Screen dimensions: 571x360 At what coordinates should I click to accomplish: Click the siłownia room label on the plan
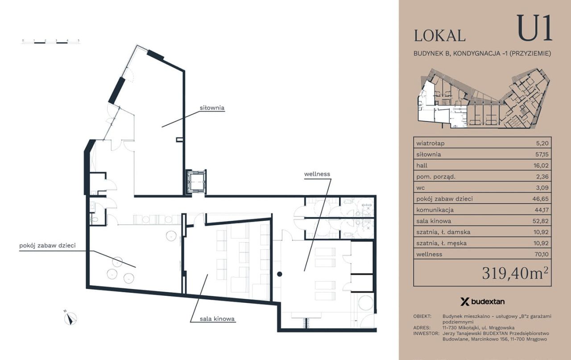212,108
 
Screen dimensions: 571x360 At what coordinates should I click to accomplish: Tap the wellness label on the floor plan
317,174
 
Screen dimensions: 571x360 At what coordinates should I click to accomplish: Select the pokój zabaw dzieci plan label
47,246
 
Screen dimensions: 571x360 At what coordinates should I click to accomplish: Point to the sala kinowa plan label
217,319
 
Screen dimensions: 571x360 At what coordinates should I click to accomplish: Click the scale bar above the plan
51,41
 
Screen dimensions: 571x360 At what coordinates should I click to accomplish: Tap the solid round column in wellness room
279,274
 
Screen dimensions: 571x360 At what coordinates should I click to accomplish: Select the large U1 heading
534,28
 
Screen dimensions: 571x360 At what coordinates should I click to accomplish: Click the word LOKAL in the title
440,36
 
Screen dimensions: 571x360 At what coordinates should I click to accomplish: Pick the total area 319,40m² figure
515,273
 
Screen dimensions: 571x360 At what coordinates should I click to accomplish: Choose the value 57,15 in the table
542,154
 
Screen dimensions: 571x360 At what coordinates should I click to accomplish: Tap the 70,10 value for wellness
542,254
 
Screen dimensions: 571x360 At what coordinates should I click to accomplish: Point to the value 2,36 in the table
542,177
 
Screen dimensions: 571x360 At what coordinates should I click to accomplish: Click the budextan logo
482,302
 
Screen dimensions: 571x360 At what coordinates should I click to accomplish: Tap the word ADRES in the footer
422,328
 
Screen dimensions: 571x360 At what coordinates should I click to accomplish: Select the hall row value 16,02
541,166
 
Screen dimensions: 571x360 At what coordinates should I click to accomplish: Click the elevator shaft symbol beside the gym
196,182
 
